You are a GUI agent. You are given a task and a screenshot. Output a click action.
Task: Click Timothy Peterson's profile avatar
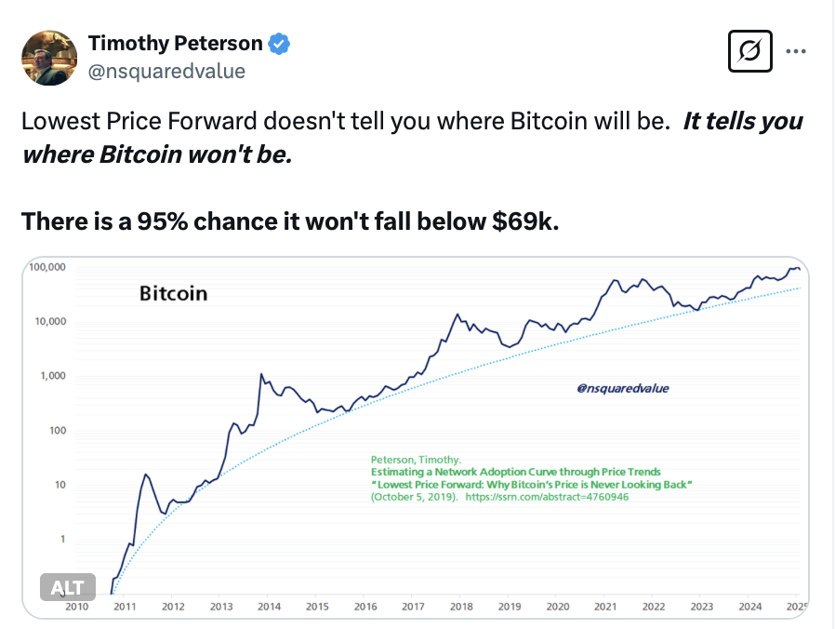[x=49, y=57]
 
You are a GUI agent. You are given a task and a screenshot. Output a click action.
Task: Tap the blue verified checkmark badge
[x=280, y=43]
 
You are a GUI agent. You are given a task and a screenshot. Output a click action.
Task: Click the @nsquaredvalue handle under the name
[x=166, y=71]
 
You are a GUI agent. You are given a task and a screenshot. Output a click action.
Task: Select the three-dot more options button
[x=796, y=51]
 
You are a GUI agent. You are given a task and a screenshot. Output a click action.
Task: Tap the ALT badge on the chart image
[x=67, y=587]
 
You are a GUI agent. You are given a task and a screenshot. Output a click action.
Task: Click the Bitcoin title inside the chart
[x=174, y=294]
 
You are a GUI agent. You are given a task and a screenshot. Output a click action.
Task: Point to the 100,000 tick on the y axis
[x=46, y=267]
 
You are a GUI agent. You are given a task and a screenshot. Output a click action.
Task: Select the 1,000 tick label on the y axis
[x=51, y=376]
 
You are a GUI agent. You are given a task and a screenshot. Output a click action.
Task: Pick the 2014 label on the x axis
[x=269, y=607]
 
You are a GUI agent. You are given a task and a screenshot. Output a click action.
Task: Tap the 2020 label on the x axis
[x=557, y=607]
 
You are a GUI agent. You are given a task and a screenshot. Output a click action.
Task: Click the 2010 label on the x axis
[x=76, y=607]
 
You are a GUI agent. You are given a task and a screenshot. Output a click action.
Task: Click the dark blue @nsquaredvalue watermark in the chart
[x=622, y=389]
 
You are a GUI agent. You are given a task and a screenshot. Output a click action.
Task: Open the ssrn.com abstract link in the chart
[x=547, y=498]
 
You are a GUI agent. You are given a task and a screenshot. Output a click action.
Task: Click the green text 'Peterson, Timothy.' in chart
[x=416, y=460]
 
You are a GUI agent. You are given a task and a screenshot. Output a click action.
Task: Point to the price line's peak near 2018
[x=456, y=314]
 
